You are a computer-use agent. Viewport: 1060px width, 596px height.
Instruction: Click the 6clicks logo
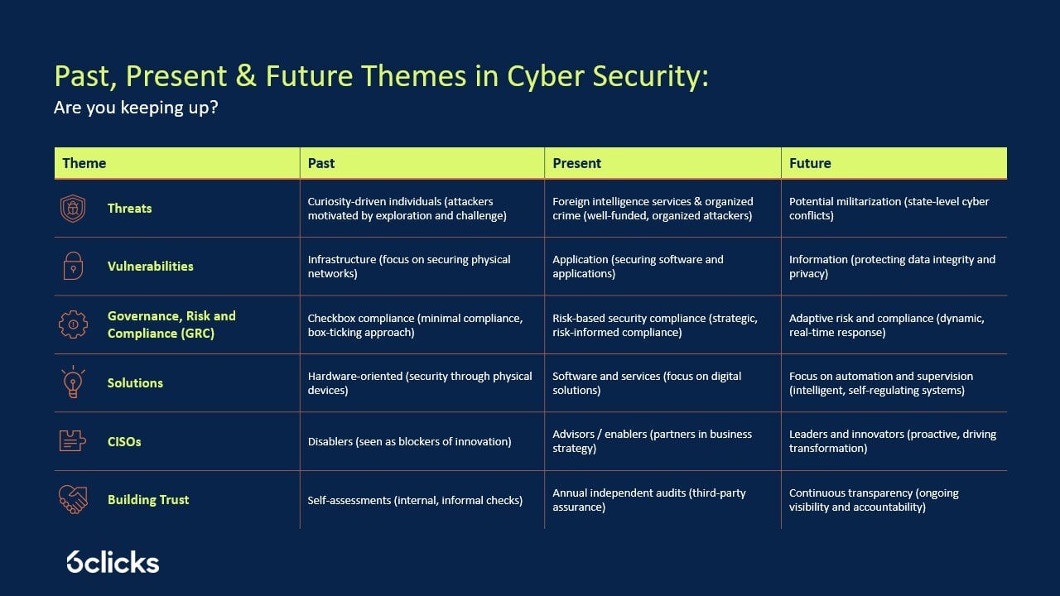pyautogui.click(x=113, y=562)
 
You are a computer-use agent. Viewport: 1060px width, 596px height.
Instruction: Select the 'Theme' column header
pyautogui.click(x=84, y=163)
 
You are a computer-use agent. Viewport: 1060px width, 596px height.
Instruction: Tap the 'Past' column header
pyautogui.click(x=321, y=163)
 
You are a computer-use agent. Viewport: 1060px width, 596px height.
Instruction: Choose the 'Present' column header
pyautogui.click(x=576, y=163)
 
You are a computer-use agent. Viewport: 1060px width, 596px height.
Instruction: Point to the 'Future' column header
pyautogui.click(x=809, y=163)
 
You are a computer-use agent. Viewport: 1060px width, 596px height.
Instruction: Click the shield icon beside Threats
pyautogui.click(x=73, y=209)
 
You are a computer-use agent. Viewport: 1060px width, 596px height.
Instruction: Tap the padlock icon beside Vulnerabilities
pyautogui.click(x=73, y=267)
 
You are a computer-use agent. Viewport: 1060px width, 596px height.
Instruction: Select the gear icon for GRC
pyautogui.click(x=73, y=324)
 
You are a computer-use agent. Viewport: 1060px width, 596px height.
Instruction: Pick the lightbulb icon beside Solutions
pyautogui.click(x=73, y=382)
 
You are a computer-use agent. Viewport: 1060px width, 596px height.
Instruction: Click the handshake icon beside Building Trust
pyautogui.click(x=73, y=499)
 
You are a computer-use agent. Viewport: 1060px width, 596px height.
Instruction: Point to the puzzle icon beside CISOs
pyautogui.click(x=73, y=441)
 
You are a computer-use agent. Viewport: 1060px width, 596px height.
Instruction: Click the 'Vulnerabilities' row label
pyautogui.click(x=150, y=267)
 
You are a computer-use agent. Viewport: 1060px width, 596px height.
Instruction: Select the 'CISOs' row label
pyautogui.click(x=124, y=442)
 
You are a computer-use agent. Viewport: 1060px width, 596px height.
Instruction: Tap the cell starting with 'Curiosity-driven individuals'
pyautogui.click(x=407, y=209)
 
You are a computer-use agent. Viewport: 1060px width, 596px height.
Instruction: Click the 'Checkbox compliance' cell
pyautogui.click(x=415, y=325)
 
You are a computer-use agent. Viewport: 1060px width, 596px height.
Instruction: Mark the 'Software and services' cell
pyautogui.click(x=647, y=383)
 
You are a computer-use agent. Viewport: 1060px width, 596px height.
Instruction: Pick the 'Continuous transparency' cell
pyautogui.click(x=874, y=500)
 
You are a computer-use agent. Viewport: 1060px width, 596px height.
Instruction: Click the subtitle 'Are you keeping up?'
pyautogui.click(x=136, y=108)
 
